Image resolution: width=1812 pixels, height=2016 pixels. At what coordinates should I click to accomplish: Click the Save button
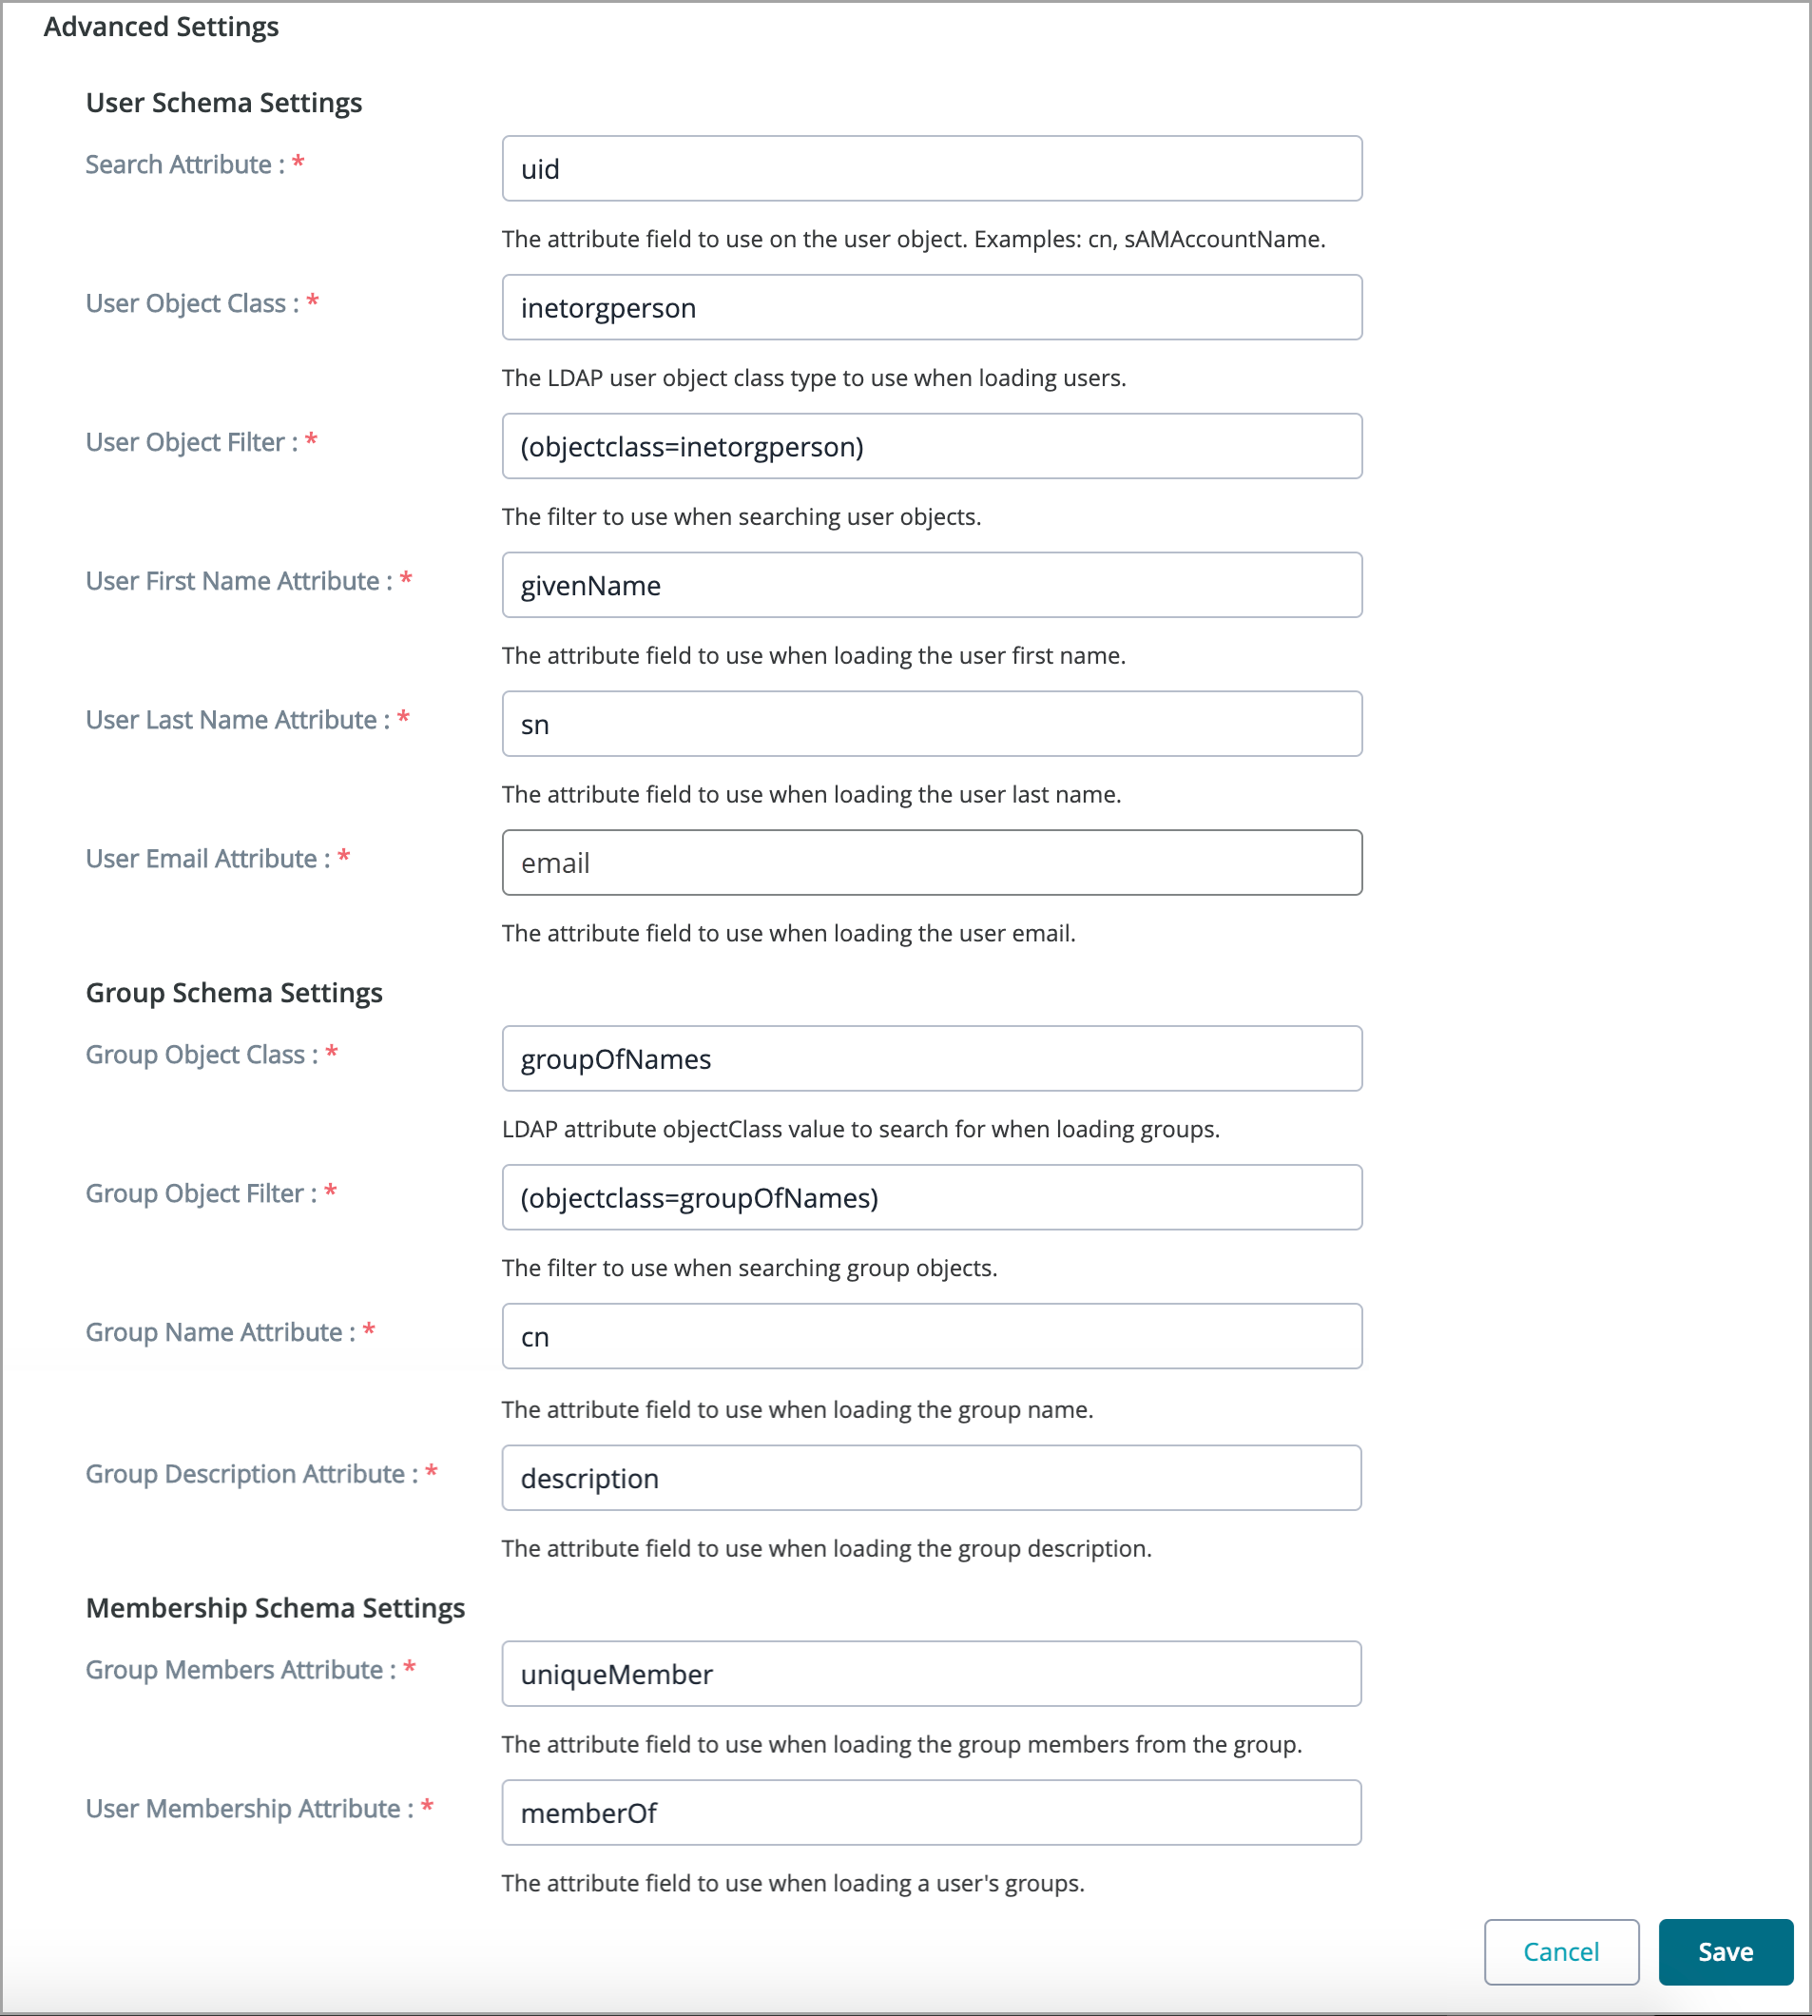pos(1725,1951)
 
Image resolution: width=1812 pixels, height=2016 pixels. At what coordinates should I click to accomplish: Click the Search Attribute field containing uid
pos(931,168)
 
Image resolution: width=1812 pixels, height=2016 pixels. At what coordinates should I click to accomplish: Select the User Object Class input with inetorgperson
pos(931,308)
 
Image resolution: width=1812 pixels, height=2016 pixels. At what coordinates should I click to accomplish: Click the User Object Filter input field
pos(931,446)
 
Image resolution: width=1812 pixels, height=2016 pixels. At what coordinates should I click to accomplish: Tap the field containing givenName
pos(931,586)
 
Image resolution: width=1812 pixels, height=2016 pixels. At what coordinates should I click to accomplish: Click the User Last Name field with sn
pos(931,724)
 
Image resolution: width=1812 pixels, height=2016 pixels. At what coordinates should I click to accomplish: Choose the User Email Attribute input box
pos(931,863)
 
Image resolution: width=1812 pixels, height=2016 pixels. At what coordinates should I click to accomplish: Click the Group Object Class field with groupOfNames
pos(931,1058)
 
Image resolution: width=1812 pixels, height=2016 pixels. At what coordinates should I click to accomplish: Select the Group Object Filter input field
pos(931,1197)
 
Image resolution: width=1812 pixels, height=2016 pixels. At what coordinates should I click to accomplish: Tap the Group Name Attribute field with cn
pos(931,1337)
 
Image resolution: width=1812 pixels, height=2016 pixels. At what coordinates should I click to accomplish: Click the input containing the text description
pos(931,1478)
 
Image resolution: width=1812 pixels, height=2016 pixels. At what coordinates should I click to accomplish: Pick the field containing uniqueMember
pos(931,1675)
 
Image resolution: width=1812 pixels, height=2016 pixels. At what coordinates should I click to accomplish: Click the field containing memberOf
pos(931,1812)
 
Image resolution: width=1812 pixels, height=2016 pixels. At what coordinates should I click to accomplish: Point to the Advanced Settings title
pos(162,27)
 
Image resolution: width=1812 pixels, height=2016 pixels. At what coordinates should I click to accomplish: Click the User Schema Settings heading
pos(224,103)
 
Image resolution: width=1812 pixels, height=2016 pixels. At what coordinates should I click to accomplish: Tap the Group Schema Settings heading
pos(234,993)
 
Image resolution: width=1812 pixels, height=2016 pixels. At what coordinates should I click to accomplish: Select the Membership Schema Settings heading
pos(275,1609)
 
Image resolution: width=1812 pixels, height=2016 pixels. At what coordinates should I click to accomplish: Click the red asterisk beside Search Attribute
pos(298,163)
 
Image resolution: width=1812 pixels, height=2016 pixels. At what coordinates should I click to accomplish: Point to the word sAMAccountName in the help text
pos(1224,239)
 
